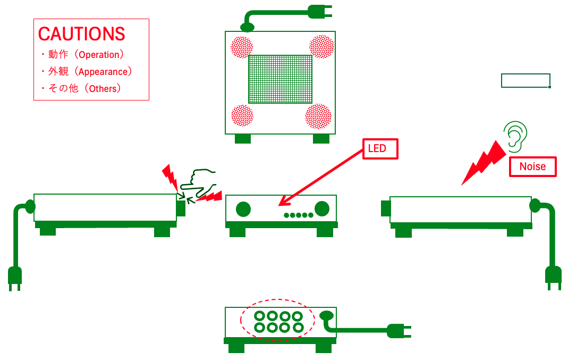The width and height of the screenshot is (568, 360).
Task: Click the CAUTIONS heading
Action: point(81,34)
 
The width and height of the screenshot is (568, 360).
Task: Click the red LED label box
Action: point(380,149)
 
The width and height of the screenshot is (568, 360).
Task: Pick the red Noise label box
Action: point(532,166)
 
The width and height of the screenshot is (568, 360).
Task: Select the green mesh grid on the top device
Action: point(280,79)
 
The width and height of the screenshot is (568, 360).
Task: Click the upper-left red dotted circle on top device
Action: point(242,47)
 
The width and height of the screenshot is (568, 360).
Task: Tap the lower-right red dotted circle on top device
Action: point(318,116)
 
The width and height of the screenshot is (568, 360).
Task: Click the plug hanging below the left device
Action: point(15,277)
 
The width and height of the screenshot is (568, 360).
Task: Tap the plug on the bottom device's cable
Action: point(399,331)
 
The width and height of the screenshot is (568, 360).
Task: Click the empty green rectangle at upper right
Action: point(525,80)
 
